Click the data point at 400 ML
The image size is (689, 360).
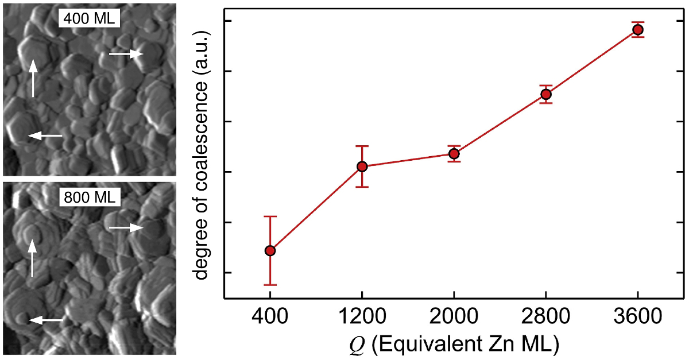click(270, 250)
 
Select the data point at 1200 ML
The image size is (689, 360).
click(362, 167)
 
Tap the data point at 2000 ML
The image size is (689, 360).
click(454, 153)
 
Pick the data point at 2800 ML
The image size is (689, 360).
click(545, 94)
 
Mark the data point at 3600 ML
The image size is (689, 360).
click(637, 29)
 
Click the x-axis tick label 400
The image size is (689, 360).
click(270, 318)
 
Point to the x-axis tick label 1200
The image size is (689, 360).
click(362, 318)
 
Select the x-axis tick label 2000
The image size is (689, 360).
click(454, 318)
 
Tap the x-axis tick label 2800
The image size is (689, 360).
click(545, 318)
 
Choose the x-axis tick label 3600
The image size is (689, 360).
click(637, 318)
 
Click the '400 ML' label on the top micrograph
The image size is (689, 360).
click(89, 18)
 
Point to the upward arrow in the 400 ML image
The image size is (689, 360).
click(33, 78)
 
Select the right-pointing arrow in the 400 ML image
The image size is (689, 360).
click(126, 54)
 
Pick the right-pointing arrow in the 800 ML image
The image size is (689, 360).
click(126, 228)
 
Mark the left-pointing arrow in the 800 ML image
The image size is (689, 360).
click(46, 320)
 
